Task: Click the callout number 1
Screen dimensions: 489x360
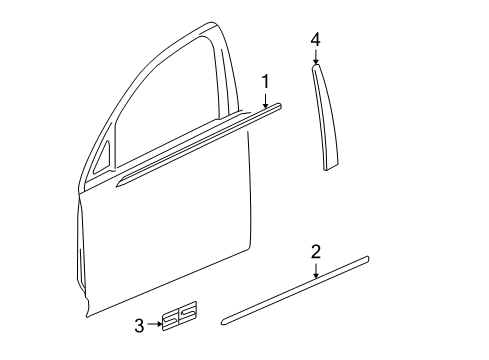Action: pos(266,81)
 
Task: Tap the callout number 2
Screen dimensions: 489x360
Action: pos(315,252)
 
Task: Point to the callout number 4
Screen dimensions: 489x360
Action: pos(315,39)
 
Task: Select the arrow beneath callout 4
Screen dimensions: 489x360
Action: pos(315,56)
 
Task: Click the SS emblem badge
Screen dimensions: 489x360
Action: pos(180,316)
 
